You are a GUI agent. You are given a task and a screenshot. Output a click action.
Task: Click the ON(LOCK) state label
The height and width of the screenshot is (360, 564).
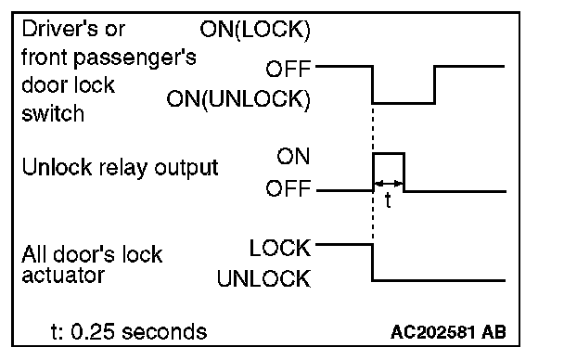pyautogui.click(x=255, y=30)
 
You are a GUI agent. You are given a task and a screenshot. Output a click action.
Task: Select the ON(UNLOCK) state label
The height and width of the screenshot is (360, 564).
pyautogui.click(x=238, y=99)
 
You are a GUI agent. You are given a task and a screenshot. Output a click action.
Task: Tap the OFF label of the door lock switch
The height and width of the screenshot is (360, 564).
pyautogui.click(x=288, y=69)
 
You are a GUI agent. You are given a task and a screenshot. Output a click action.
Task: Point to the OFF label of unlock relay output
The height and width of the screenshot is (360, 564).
pyautogui.click(x=288, y=188)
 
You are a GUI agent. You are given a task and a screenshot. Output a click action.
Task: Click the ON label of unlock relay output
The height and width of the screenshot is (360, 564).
pyautogui.click(x=293, y=157)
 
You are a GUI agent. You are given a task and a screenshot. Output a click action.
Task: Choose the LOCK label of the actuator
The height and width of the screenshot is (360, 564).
pyautogui.click(x=280, y=248)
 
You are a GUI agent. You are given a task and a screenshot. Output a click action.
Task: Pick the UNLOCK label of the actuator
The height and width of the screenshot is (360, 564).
pyautogui.click(x=263, y=278)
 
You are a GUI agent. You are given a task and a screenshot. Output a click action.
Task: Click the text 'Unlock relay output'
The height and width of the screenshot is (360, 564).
pyautogui.click(x=121, y=168)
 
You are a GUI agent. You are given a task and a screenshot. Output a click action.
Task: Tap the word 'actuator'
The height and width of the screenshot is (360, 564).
pyautogui.click(x=63, y=276)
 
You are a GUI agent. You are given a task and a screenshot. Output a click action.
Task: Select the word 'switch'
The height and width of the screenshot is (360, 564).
pyautogui.click(x=53, y=113)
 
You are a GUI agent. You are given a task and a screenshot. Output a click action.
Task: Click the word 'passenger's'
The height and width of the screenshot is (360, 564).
pyautogui.click(x=135, y=58)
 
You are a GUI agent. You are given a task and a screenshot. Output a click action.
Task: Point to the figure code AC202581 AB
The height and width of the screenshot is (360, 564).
pyautogui.click(x=448, y=332)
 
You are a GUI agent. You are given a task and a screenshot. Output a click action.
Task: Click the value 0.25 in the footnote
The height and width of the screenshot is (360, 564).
pyautogui.click(x=94, y=331)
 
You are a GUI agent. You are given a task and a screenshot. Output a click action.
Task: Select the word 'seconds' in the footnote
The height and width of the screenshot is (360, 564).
pyautogui.click(x=164, y=331)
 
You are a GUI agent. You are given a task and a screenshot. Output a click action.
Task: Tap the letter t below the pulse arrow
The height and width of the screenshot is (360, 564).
pyautogui.click(x=388, y=200)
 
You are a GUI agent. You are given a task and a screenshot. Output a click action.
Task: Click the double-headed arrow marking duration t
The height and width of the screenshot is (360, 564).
pyautogui.click(x=389, y=184)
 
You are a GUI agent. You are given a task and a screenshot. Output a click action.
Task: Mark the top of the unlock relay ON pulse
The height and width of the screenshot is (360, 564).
pyautogui.click(x=389, y=154)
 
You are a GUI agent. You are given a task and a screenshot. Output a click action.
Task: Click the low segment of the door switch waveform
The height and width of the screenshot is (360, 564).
pyautogui.click(x=404, y=103)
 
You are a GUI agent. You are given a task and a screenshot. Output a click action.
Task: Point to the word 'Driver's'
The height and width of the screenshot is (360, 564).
pyautogui.click(x=73, y=29)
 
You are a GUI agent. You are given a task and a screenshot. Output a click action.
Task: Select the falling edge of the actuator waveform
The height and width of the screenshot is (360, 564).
pyautogui.click(x=373, y=263)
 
